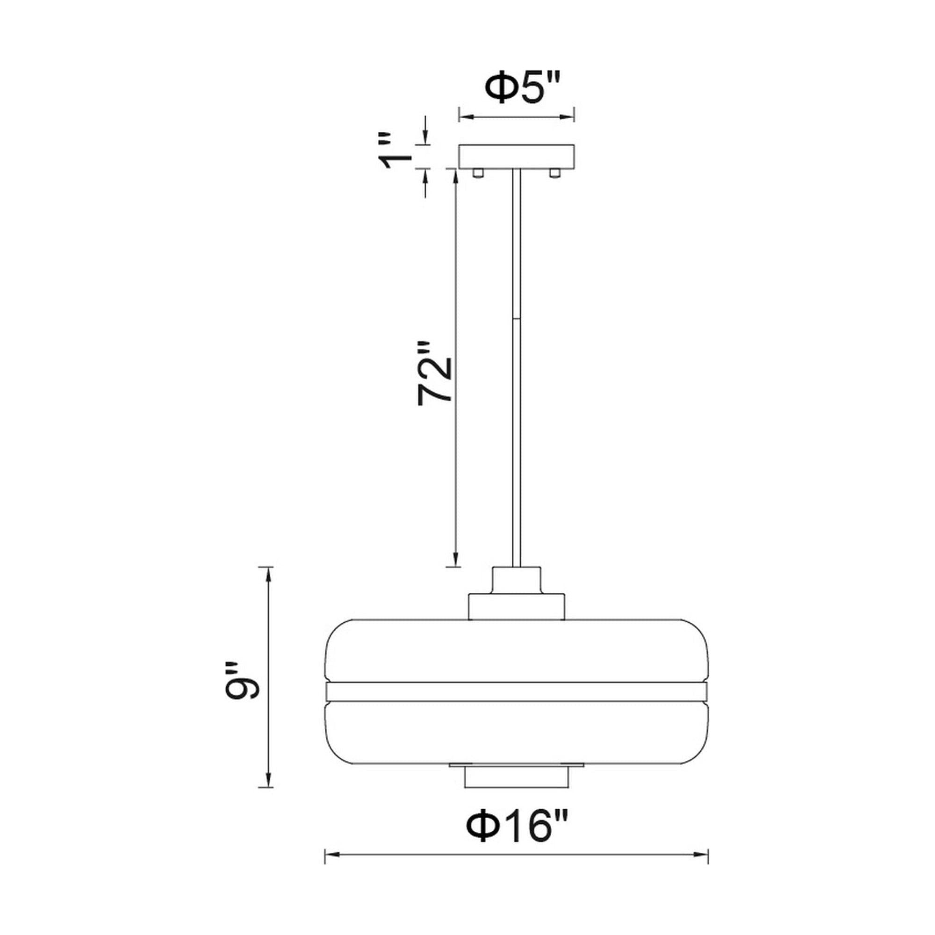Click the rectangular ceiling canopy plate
(x=517, y=156)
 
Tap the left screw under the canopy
(x=478, y=173)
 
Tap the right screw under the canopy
(x=554, y=173)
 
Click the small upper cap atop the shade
(x=517, y=580)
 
